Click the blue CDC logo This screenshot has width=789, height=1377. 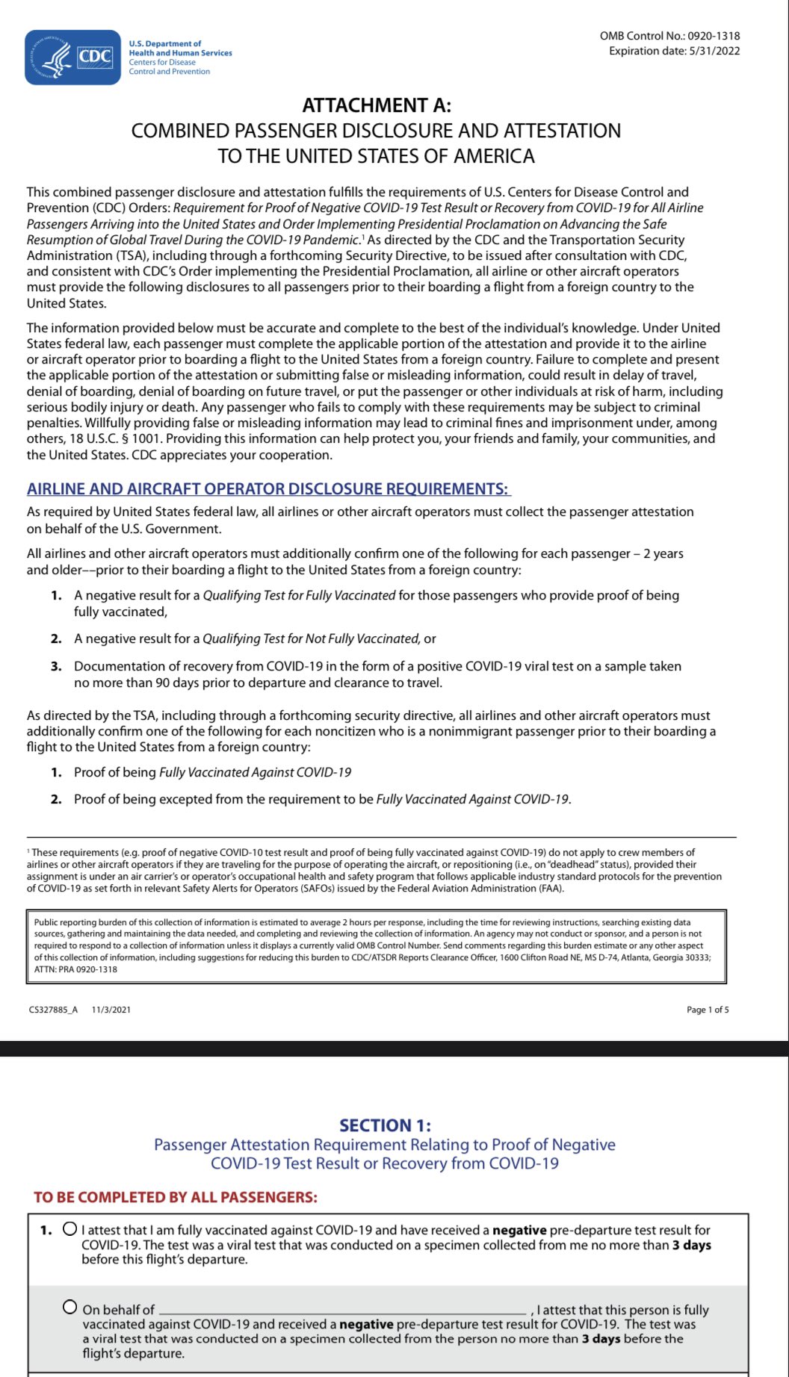(72, 57)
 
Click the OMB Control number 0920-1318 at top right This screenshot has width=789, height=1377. (714, 36)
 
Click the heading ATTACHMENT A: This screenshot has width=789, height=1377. (376, 106)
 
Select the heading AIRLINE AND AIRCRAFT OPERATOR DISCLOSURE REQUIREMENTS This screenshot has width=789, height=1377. (267, 489)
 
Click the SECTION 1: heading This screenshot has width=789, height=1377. (385, 1125)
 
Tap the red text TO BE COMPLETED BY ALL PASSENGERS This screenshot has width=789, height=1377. (176, 1198)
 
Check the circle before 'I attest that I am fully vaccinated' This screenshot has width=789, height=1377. (70, 1228)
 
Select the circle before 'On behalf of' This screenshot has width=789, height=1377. (70, 1307)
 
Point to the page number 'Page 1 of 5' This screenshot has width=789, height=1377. (708, 1010)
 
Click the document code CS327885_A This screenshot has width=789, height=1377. (53, 1010)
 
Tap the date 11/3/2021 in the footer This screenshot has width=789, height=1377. (111, 1010)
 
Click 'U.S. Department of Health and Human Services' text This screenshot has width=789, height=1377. (180, 49)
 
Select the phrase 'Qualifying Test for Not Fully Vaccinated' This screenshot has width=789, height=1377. (311, 639)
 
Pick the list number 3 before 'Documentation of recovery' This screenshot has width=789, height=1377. (56, 666)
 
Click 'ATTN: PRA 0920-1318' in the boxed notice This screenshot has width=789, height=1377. (75, 969)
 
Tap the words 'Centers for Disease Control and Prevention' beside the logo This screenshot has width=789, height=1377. (169, 67)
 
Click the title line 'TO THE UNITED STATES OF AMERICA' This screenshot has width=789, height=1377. (376, 157)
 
